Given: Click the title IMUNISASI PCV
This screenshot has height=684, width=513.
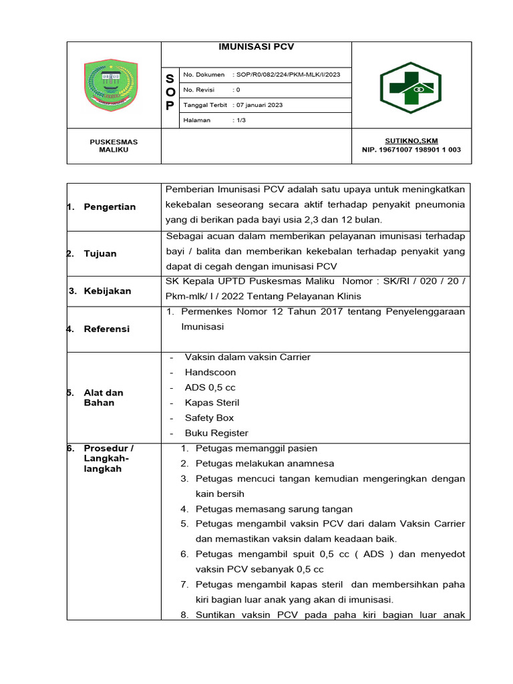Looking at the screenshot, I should coord(256,47).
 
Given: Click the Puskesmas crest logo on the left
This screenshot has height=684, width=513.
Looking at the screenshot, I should coord(114,85).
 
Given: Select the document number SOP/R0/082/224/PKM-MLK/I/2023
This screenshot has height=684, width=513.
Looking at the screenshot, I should coord(288,75).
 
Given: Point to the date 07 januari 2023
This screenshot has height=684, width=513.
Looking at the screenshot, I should coord(257,105).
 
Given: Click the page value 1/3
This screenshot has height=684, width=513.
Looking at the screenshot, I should coord(239,120).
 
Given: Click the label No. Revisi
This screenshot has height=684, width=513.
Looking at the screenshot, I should coord(199,90).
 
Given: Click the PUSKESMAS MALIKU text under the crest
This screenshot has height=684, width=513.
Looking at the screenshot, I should coord(114,146).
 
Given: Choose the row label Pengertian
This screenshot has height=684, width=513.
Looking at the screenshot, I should coord(110,207).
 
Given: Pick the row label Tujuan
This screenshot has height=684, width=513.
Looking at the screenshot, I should coord(100,254).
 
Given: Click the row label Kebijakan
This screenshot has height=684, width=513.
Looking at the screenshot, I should coord(107,291).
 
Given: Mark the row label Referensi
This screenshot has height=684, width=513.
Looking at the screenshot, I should coord(107,329).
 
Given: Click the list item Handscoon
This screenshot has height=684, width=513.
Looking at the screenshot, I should coord(210,372).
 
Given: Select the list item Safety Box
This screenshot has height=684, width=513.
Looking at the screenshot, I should coord(209,417).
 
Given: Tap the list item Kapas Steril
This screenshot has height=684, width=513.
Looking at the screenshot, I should coord(212,403).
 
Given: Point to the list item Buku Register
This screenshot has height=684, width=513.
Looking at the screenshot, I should coord(216,433).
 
